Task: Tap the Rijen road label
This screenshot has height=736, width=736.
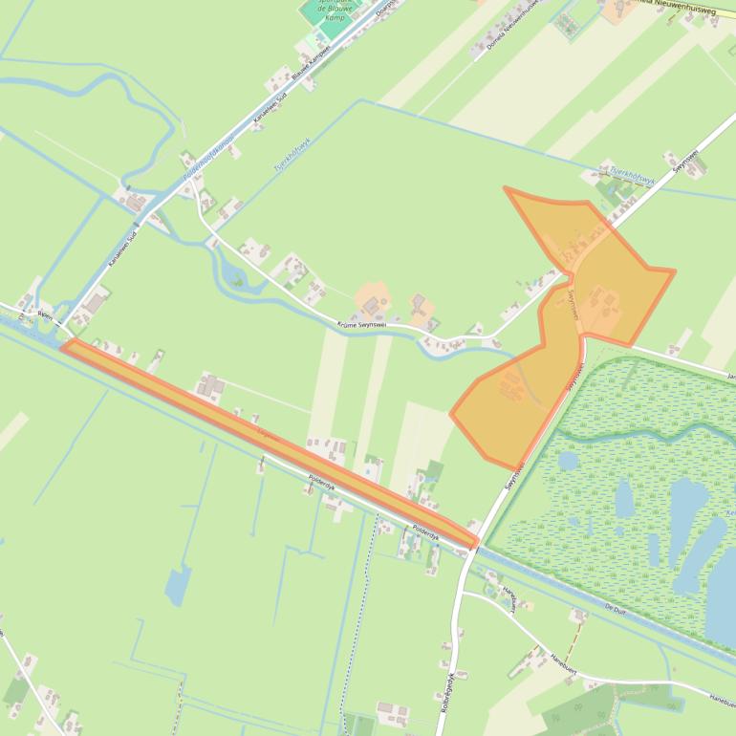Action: (x=45, y=313)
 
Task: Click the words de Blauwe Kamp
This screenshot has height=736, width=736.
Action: (x=336, y=11)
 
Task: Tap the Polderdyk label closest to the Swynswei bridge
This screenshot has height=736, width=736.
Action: (x=423, y=531)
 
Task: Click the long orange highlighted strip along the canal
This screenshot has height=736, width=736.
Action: (x=268, y=443)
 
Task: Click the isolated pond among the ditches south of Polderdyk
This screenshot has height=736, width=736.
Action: (x=178, y=584)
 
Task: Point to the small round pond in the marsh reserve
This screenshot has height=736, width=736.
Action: (x=568, y=460)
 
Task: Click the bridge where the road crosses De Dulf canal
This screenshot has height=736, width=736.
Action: (x=475, y=545)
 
